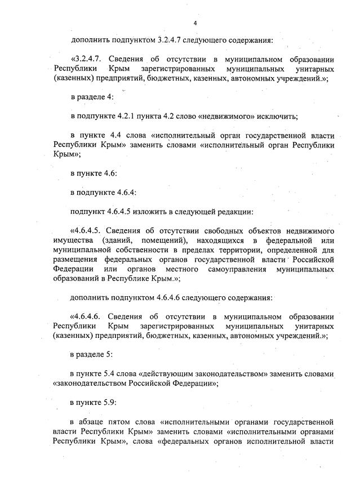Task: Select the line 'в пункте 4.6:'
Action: [x=94, y=173]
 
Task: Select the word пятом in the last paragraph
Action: [x=128, y=422]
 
